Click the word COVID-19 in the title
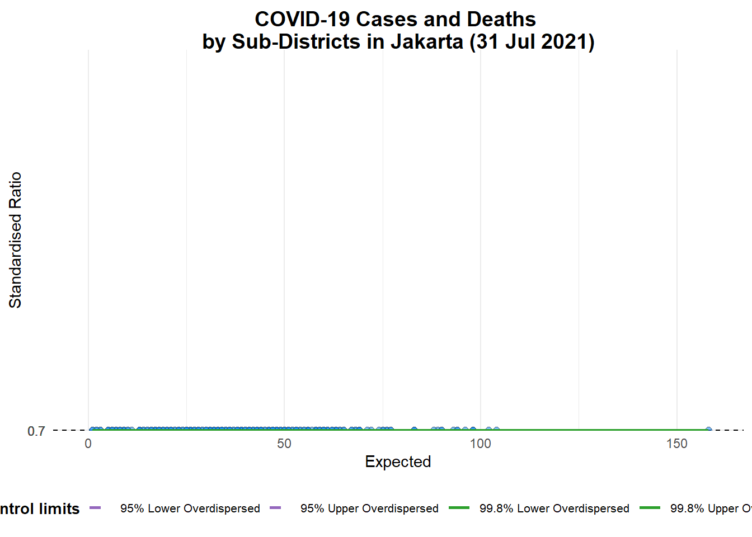point(303,20)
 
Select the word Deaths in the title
point(501,20)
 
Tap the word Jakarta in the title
point(426,42)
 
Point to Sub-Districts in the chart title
point(296,42)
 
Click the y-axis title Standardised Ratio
point(15,239)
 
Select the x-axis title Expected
point(398,461)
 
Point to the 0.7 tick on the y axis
point(36,431)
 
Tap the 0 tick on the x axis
point(88,444)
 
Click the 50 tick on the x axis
point(284,444)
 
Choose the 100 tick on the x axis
point(480,444)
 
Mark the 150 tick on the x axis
point(676,444)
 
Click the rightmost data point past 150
point(708,430)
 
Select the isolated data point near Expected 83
point(414,430)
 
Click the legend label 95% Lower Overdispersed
point(190,508)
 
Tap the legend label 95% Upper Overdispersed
point(369,508)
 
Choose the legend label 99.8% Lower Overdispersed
point(554,508)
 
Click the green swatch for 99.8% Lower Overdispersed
point(459,508)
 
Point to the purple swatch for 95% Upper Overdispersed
point(275,508)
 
